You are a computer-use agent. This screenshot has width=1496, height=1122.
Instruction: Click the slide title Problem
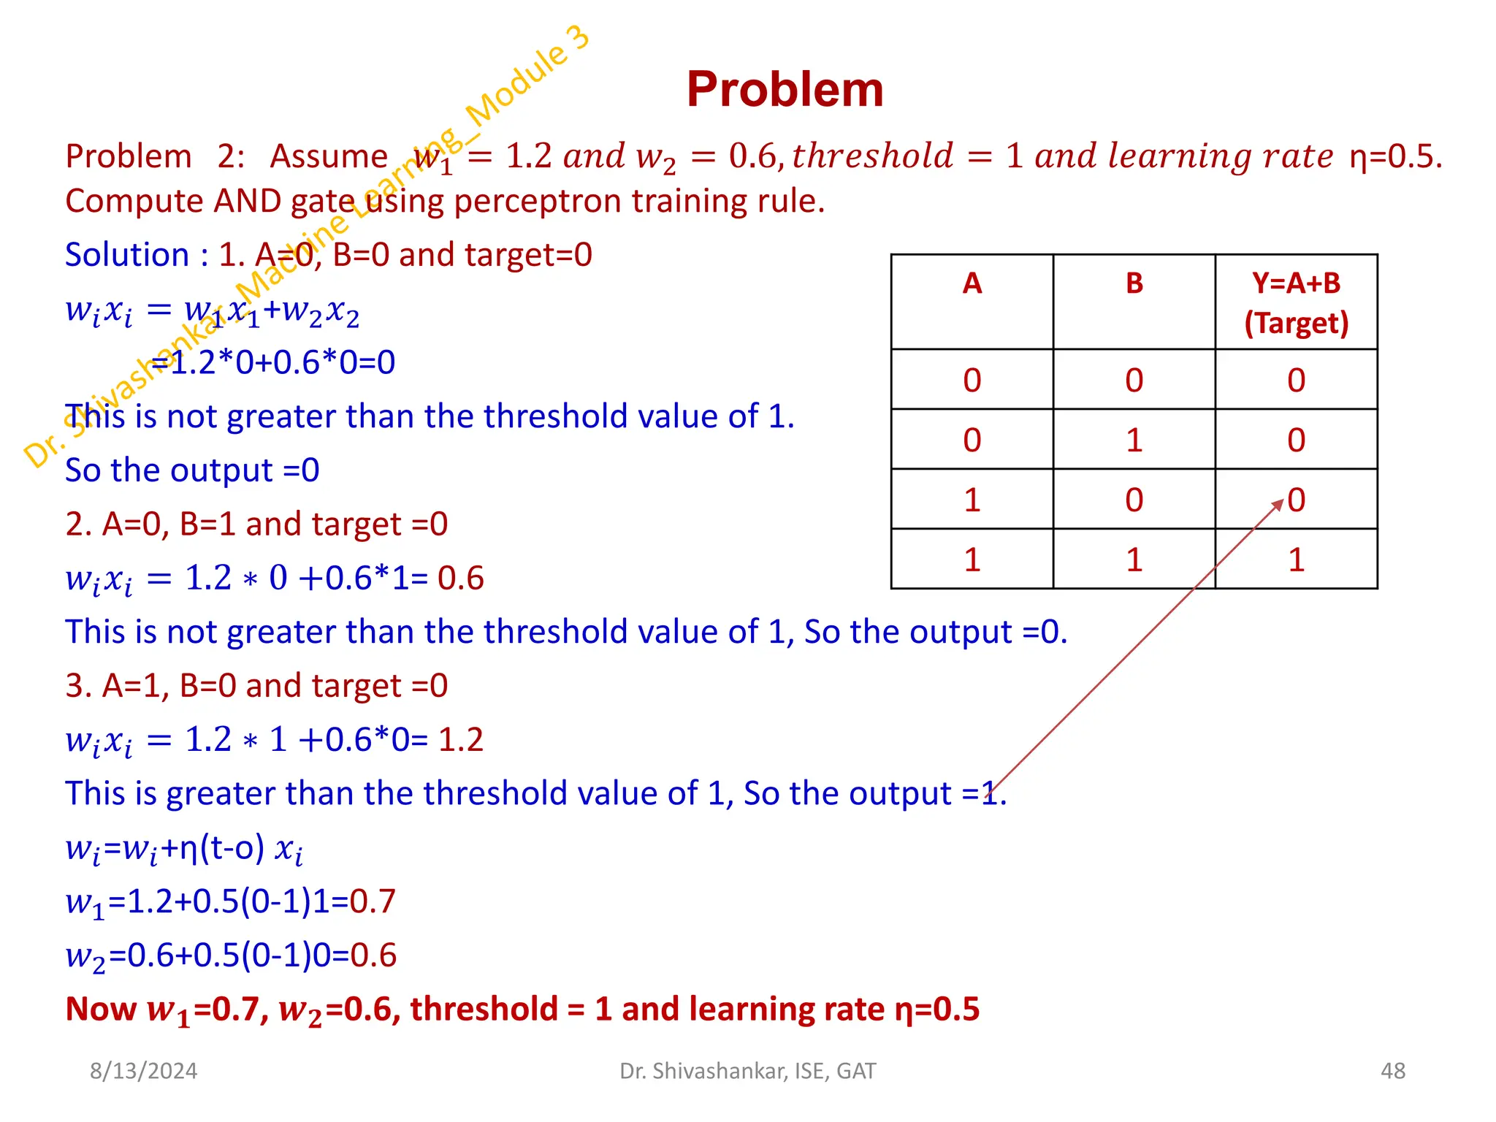pyautogui.click(x=785, y=90)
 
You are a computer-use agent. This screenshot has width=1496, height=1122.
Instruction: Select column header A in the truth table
pyautogui.click(x=972, y=283)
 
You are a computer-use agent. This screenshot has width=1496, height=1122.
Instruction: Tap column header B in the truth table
pyautogui.click(x=1134, y=283)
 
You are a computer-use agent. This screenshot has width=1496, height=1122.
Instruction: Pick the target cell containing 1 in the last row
pyautogui.click(x=1296, y=560)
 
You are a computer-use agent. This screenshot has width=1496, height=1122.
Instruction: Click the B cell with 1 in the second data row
pyautogui.click(x=1134, y=440)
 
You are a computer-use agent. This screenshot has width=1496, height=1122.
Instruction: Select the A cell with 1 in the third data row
pyautogui.click(x=972, y=500)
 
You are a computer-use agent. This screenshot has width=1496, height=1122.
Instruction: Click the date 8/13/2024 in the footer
pyautogui.click(x=143, y=1071)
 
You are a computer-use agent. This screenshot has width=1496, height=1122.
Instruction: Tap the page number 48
pyautogui.click(x=1392, y=1071)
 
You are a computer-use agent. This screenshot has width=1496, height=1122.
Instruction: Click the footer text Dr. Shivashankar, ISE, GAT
pyautogui.click(x=747, y=1071)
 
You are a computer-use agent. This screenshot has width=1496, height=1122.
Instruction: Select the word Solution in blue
pyautogui.click(x=127, y=255)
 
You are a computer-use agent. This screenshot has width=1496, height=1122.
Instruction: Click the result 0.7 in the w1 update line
pyautogui.click(x=373, y=901)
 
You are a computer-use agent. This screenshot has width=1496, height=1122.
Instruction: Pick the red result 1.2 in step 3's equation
pyautogui.click(x=460, y=740)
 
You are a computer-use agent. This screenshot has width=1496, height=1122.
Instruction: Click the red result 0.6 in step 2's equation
pyautogui.click(x=460, y=579)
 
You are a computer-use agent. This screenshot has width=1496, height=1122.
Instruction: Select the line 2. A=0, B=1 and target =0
pyautogui.click(x=256, y=524)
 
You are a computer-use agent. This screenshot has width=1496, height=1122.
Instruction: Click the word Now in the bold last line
pyautogui.click(x=100, y=1010)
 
